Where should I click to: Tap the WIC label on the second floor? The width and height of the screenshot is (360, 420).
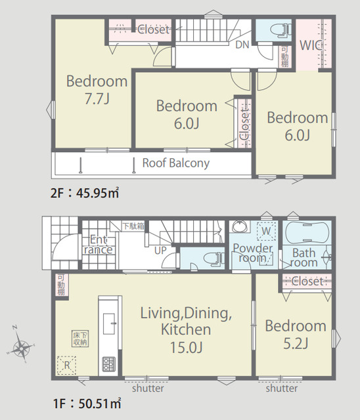coord(311,45)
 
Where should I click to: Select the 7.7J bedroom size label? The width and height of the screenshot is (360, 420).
coord(97,99)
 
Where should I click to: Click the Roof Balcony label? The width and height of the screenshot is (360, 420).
coord(176,163)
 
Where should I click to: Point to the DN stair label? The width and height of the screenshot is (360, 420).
coord(242,45)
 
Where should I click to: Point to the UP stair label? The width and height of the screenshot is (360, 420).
coord(160,251)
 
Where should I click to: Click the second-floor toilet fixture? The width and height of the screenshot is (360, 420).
coord(281,30)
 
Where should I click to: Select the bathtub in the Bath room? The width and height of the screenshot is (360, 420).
coord(307,232)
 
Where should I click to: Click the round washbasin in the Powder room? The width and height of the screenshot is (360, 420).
coord(239,227)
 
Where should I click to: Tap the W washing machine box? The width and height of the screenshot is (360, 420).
coord(267,231)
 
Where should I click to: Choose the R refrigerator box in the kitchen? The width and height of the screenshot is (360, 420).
coord(67,366)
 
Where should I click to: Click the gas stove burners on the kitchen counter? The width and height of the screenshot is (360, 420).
coord(108,364)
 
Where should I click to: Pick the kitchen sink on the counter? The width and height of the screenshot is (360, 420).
coord(110,324)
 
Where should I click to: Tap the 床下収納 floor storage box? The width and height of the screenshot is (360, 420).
coord(80,339)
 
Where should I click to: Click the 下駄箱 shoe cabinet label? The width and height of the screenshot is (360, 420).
coord(133,226)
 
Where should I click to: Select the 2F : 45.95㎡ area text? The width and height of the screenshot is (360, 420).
coord(85,192)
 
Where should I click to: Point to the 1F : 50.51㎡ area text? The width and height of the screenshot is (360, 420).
coord(87,404)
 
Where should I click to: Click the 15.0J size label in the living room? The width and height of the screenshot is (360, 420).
coord(187,347)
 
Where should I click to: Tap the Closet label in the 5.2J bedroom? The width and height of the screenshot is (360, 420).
coord(307,282)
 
